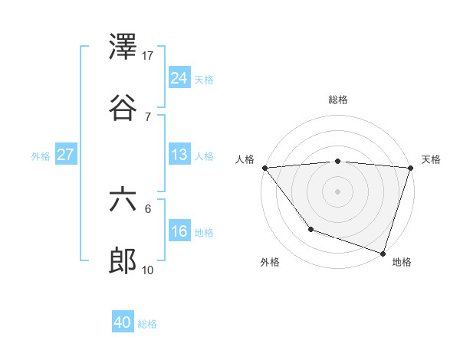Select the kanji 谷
point(123,108)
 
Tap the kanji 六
point(123,200)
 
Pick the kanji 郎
point(123,261)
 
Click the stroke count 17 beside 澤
point(149,56)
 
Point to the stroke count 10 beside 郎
point(149,270)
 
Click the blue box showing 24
point(179,78)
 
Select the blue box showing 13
point(179,155)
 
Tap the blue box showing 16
point(179,231)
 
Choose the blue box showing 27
point(66,155)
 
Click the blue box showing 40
point(123,323)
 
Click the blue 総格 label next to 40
point(147,324)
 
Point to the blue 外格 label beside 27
point(41,155)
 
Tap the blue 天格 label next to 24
point(204,79)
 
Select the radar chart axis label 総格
point(338,100)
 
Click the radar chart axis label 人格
point(245,159)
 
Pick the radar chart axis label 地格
point(402,263)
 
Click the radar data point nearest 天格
point(410,168)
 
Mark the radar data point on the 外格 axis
point(310,229)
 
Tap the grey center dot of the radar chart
point(337,191)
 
